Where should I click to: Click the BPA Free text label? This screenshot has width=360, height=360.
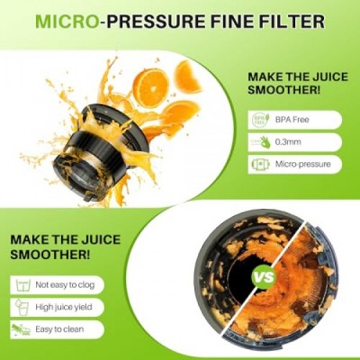pyautogui.click(x=292, y=120)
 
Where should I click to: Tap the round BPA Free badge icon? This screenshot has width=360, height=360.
pyautogui.click(x=258, y=120)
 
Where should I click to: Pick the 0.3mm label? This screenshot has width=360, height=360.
pyautogui.click(x=288, y=141)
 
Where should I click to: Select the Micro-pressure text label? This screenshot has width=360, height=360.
pyautogui.click(x=303, y=164)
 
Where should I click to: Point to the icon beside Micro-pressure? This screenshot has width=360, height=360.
pyautogui.click(x=258, y=164)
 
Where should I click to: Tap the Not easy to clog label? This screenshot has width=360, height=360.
pyautogui.click(x=65, y=284)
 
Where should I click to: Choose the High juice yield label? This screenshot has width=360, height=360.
pyautogui.click(x=64, y=307)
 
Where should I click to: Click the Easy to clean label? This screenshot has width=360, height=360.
pyautogui.click(x=59, y=329)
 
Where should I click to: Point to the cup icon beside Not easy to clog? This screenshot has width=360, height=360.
pyautogui.click(x=22, y=285)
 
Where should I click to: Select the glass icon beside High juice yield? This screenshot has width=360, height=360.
pyautogui.click(x=22, y=307)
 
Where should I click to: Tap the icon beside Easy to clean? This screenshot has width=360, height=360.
pyautogui.click(x=21, y=329)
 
